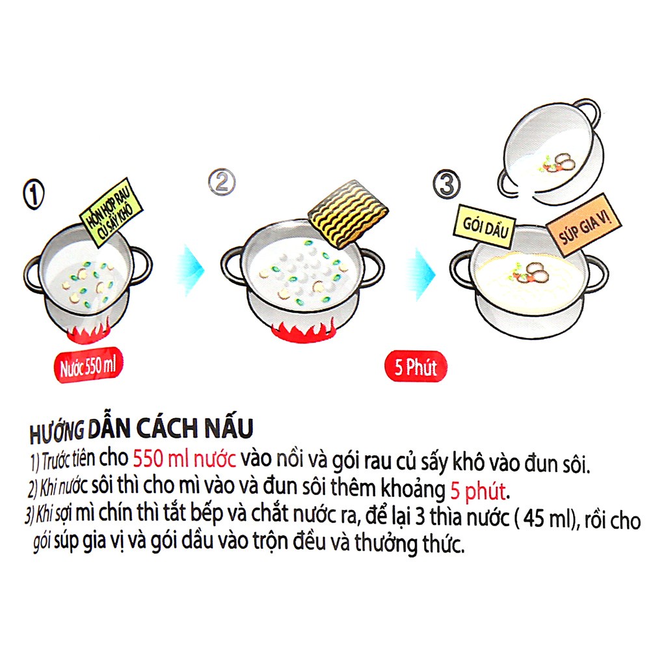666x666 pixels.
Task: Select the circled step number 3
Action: [446, 184]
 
